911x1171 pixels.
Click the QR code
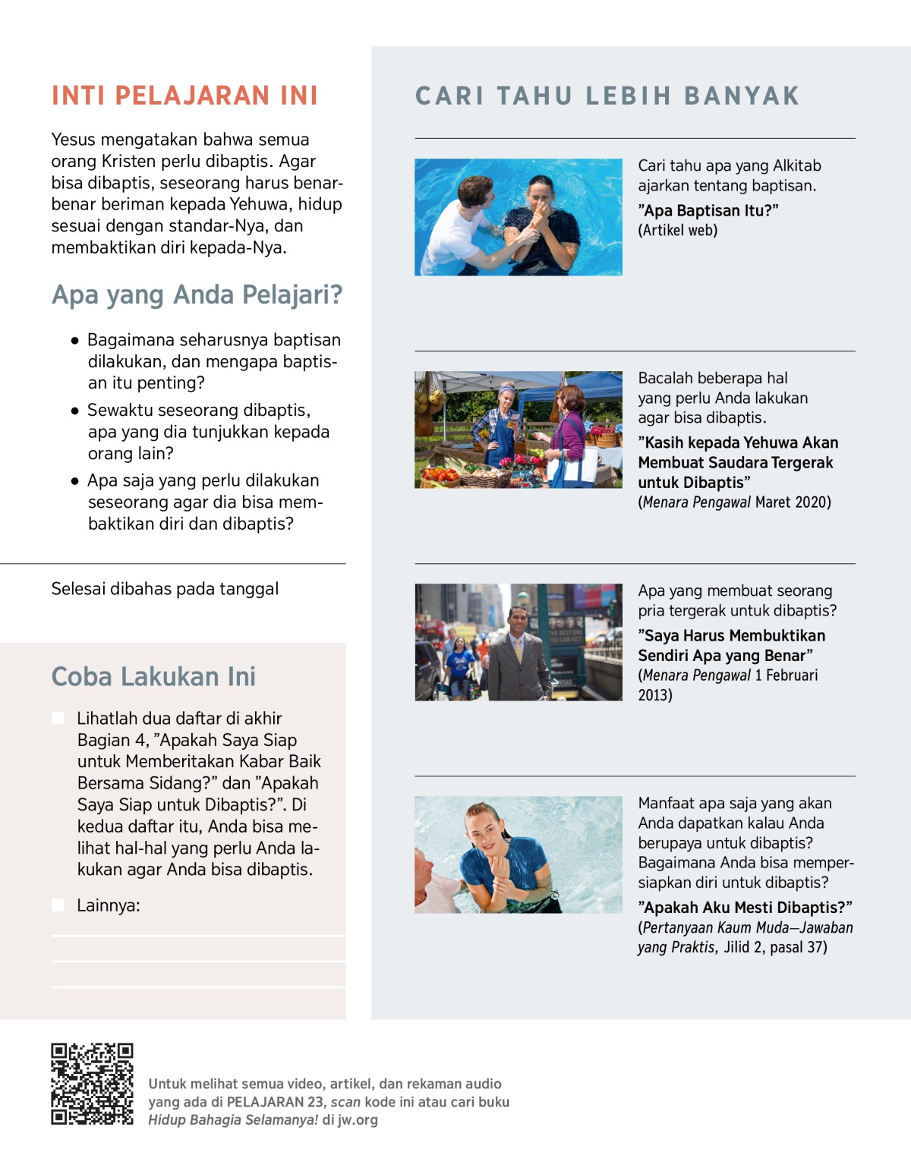(x=92, y=1084)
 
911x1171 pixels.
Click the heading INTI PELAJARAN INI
(x=184, y=96)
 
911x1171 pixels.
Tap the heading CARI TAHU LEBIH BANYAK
(x=607, y=96)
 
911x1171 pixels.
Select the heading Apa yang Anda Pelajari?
(x=197, y=294)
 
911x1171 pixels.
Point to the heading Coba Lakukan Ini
(x=153, y=676)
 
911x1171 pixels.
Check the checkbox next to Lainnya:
(x=58, y=905)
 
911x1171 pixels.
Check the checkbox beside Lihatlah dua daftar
(x=58, y=718)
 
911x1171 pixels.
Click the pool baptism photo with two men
(x=518, y=217)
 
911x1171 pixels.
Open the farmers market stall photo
(x=518, y=430)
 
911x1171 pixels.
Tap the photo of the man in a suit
(x=518, y=642)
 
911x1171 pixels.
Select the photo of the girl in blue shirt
(x=518, y=855)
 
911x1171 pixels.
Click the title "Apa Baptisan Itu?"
(x=708, y=211)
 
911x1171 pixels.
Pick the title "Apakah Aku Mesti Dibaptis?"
(x=745, y=908)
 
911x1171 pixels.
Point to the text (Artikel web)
(x=677, y=231)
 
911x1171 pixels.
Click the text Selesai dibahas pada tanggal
(x=165, y=589)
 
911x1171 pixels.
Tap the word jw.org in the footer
(x=358, y=1120)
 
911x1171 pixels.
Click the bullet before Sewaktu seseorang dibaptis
(x=74, y=411)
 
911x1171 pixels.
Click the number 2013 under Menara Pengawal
(x=654, y=695)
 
